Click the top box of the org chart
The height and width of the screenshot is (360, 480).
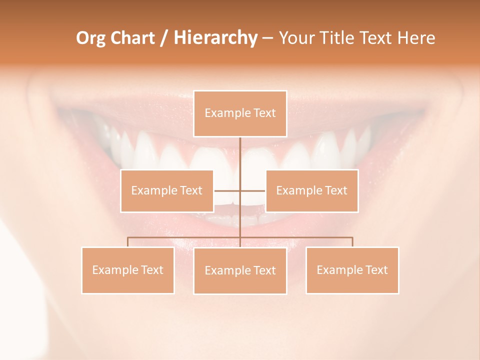coord(240,113)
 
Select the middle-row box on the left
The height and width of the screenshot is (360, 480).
coord(167,190)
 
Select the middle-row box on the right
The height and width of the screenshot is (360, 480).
coord(311,190)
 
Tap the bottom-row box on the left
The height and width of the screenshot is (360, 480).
coord(128,270)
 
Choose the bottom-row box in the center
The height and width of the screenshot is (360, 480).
coord(240,270)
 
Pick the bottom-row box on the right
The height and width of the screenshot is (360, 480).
coord(352,270)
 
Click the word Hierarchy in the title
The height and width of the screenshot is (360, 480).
coord(215,38)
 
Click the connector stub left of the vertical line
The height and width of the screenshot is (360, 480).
coord(227,190)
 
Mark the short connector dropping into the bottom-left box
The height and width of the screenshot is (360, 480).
coord(128,242)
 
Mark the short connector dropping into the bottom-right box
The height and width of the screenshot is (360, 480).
coord(352,242)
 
